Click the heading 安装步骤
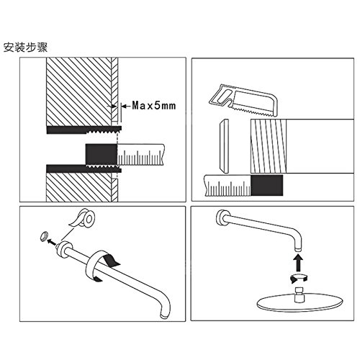tap(25, 48)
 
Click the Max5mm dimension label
tap(154, 106)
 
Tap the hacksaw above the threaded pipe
tap(243, 100)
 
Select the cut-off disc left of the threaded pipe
tap(224, 146)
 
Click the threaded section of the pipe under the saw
tap(269, 146)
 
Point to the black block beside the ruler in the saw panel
tap(266, 185)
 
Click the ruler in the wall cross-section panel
tap(141, 155)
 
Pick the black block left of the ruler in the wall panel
tap(102, 154)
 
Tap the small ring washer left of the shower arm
tap(44, 237)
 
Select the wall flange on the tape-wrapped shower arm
tap(65, 248)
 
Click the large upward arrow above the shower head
tap(298, 263)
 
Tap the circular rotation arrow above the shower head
tap(299, 278)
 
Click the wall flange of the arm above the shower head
tap(221, 218)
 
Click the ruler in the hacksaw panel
tap(228, 186)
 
